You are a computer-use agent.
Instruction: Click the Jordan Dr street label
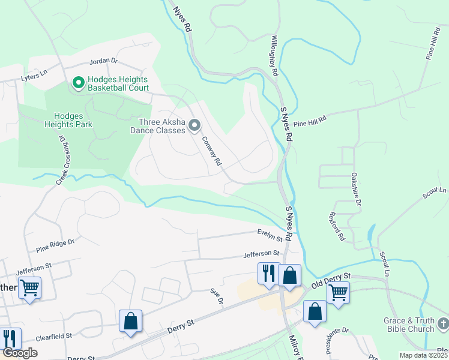pyautogui.click(x=104, y=61)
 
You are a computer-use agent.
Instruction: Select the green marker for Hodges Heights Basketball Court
pyautogui.click(x=78, y=83)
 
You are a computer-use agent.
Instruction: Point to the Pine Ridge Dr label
pyautogui.click(x=55, y=243)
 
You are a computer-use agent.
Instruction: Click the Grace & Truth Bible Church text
pyautogui.click(x=409, y=325)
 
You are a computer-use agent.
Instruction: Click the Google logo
pyautogui.click(x=20, y=353)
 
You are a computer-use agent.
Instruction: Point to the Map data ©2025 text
pyautogui.click(x=423, y=355)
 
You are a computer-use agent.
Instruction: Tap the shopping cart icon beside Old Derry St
pyautogui.click(x=338, y=293)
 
